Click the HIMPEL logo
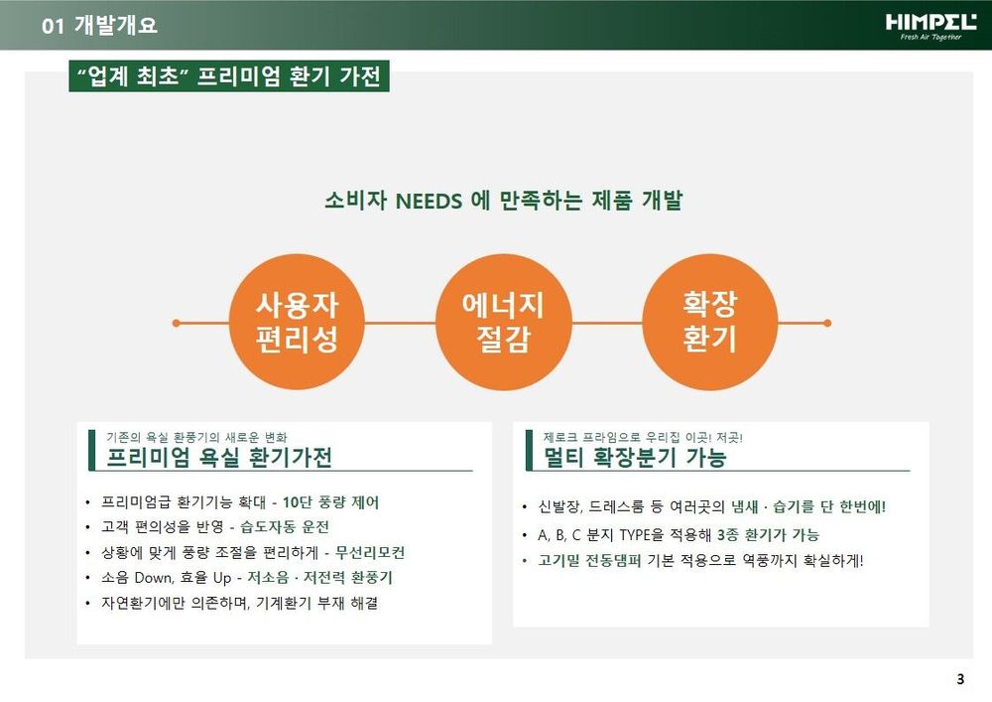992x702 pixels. coord(930,27)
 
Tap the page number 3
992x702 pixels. coord(960,678)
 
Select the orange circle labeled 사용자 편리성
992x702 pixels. coord(296,322)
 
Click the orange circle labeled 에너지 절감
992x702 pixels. coord(503,322)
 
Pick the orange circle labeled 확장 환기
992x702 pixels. coord(710,322)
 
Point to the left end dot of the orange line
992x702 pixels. coord(176,323)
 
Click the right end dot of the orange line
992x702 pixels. coord(827,323)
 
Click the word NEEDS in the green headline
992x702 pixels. coord(429,202)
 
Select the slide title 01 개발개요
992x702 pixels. coord(99,26)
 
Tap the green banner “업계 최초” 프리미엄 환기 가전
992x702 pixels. coord(229,76)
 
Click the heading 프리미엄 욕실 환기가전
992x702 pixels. coord(219,457)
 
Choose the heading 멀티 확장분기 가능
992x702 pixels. coord(635,457)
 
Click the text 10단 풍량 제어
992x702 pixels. coord(330,502)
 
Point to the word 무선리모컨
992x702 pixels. coord(369,553)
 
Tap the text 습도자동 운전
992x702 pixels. coord(285,527)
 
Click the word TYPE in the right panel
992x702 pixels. coord(635,535)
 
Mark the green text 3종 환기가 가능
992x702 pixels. coord(768,535)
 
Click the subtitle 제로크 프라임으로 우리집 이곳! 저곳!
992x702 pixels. coord(643,438)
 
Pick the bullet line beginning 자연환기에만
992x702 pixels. coord(239,604)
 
